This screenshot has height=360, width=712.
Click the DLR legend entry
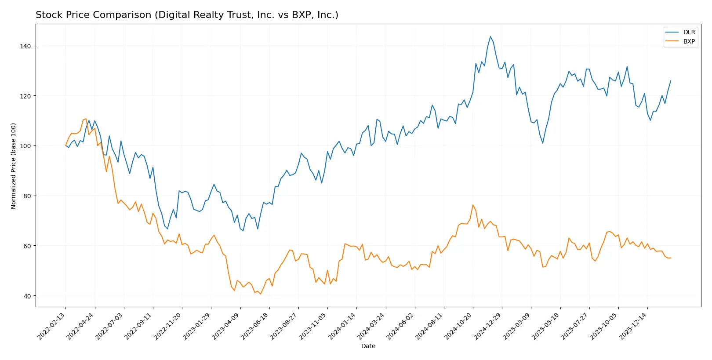(x=689, y=32)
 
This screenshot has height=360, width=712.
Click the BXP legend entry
(x=689, y=41)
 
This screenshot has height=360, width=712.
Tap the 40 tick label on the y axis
(x=27, y=296)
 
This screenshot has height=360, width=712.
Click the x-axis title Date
(x=368, y=346)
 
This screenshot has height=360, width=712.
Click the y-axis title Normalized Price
(x=14, y=166)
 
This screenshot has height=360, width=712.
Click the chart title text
(x=187, y=15)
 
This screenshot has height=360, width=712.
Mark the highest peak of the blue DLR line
(x=490, y=36)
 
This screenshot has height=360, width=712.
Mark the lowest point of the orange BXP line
(x=260, y=294)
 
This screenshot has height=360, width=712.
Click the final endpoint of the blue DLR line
(x=671, y=80)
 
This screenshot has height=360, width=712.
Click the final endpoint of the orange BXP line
(x=671, y=258)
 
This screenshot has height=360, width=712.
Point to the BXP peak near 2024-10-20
(x=473, y=205)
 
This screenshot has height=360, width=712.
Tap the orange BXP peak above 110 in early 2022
(x=86, y=119)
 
